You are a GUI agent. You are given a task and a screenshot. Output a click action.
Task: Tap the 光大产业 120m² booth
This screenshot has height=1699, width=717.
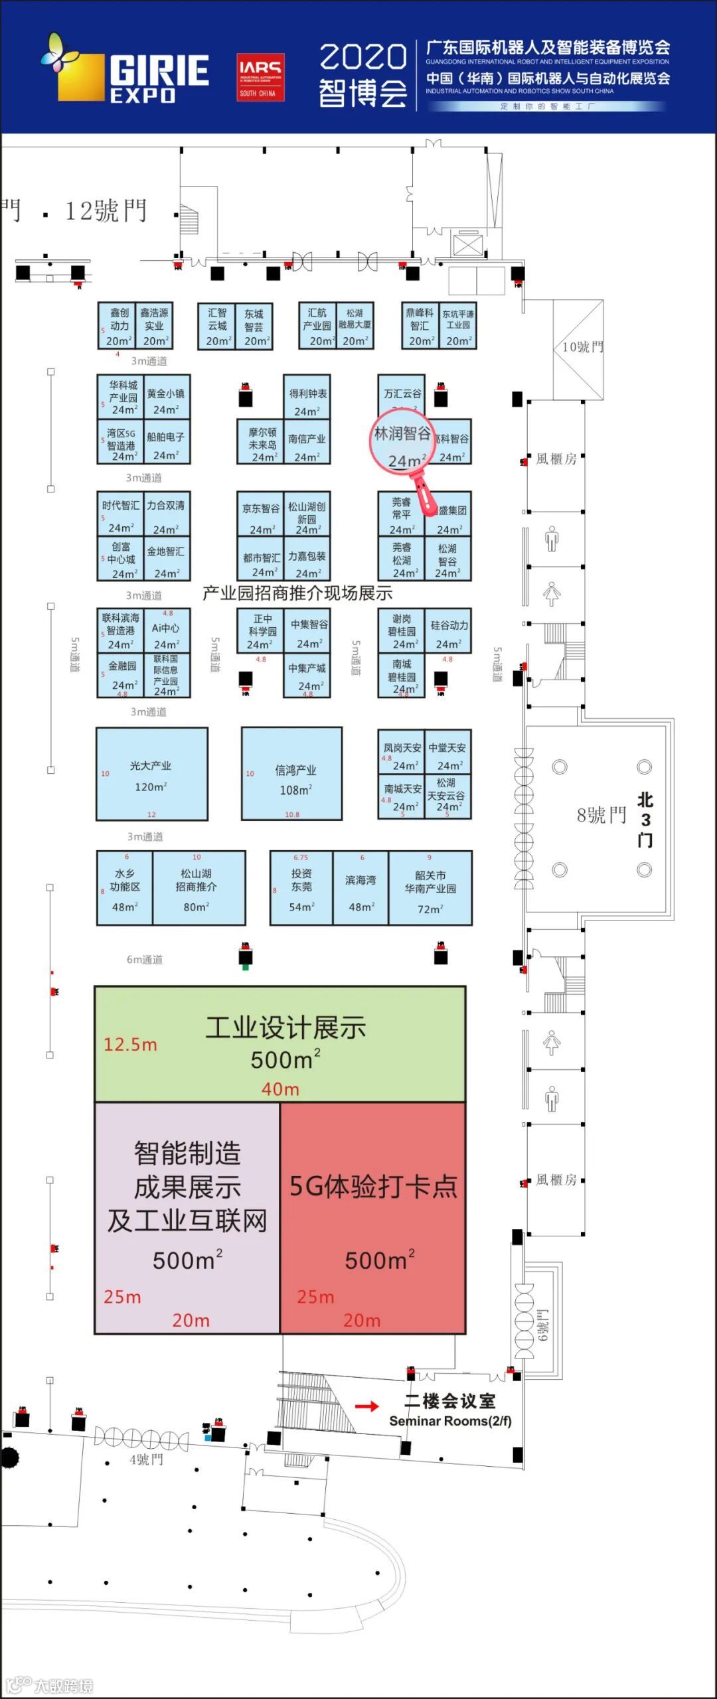(x=151, y=774)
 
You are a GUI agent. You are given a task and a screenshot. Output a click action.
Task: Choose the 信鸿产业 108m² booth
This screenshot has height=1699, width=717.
(x=292, y=774)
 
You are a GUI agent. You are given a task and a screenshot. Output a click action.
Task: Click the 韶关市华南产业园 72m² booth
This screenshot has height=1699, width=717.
(x=430, y=888)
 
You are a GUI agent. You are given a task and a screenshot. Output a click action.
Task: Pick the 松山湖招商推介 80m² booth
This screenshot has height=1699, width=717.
(x=199, y=888)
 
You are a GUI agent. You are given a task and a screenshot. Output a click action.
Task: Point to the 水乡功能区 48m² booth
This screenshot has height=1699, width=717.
(x=125, y=888)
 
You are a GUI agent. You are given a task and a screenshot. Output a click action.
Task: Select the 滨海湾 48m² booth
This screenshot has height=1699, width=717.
(x=360, y=888)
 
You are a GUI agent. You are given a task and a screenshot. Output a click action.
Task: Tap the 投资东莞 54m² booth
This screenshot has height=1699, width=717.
(x=301, y=888)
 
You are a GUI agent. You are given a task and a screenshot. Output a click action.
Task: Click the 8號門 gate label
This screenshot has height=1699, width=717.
(x=601, y=815)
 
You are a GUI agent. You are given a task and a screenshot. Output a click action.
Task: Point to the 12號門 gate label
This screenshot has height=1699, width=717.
(x=106, y=211)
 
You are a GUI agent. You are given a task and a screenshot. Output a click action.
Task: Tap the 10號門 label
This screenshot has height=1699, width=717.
(x=582, y=346)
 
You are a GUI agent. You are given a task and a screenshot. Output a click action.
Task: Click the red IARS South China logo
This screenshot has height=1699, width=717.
(x=260, y=77)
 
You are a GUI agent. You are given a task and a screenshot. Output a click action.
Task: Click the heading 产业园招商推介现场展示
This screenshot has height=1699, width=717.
(x=297, y=593)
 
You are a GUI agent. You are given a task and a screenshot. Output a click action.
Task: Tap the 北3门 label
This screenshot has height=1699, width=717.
(x=645, y=820)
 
